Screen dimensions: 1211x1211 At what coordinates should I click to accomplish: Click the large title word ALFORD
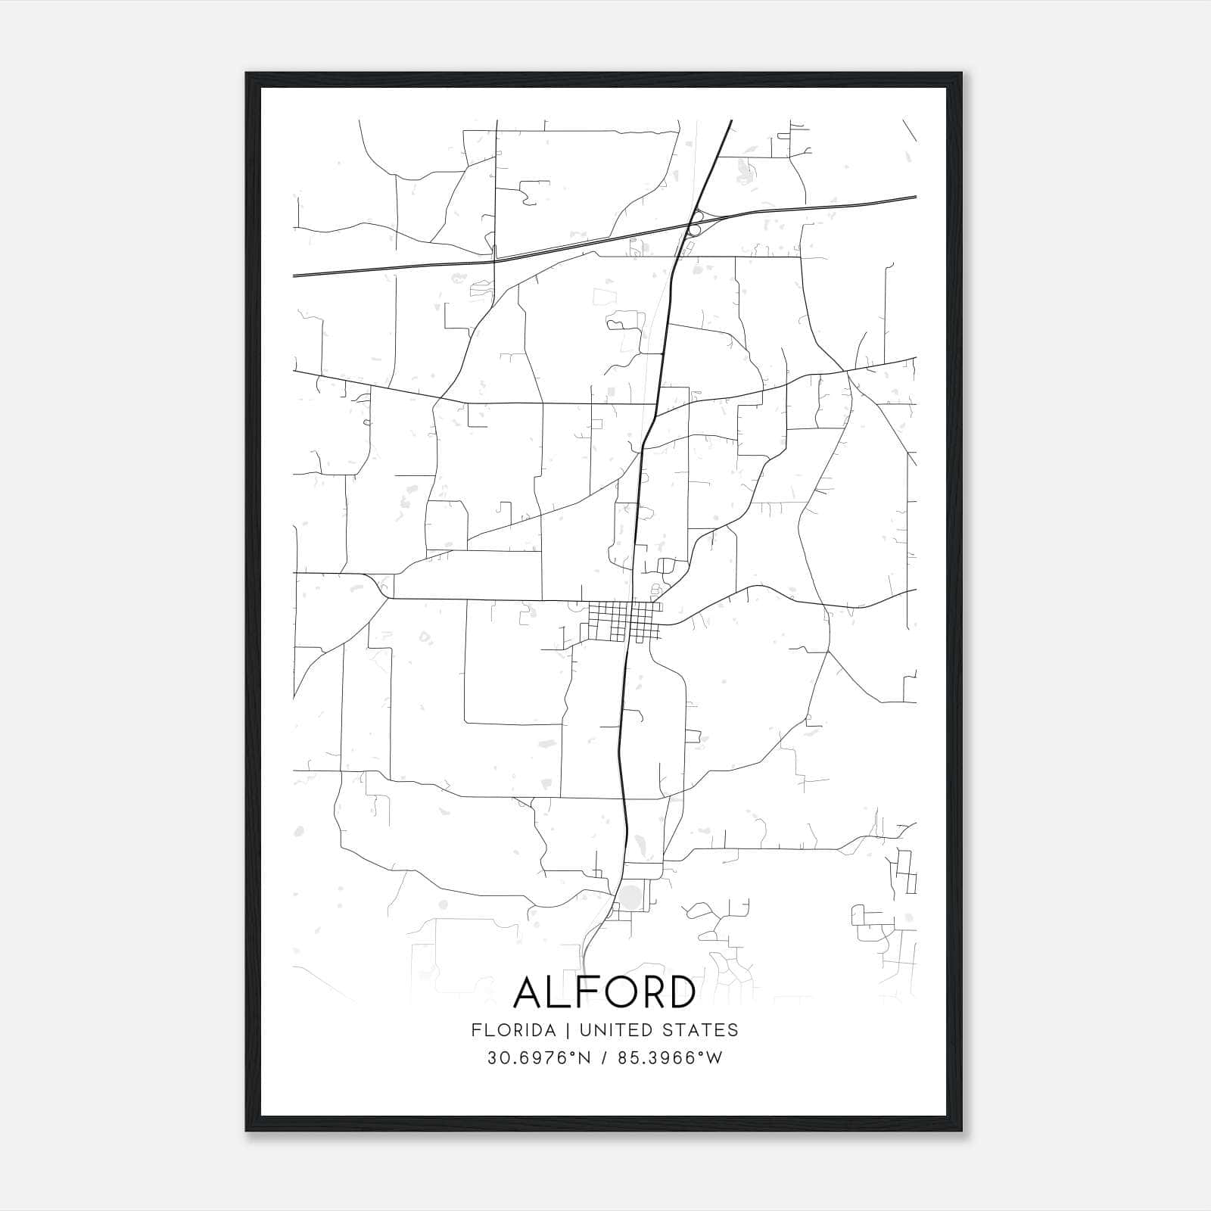[x=604, y=993]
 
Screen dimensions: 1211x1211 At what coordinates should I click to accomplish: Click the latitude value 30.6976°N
[x=538, y=1058]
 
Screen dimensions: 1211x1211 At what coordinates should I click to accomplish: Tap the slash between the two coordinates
[x=604, y=1058]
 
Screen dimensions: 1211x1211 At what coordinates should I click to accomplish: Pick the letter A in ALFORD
[x=529, y=993]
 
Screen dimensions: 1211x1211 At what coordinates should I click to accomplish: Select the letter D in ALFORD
[x=679, y=993]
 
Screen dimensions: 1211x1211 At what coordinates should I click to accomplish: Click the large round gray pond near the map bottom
[x=631, y=898]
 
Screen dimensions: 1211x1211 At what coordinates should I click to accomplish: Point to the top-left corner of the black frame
[x=247, y=74]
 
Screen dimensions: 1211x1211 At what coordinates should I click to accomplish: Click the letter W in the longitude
[x=714, y=1058]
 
